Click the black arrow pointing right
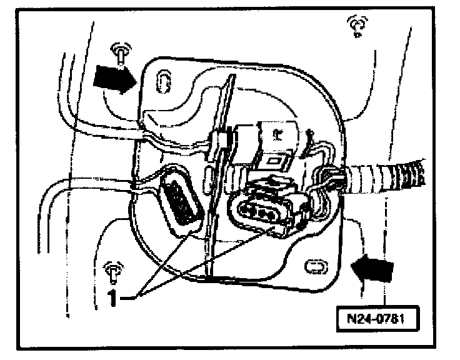click(x=114, y=80)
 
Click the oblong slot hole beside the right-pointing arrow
click(x=162, y=81)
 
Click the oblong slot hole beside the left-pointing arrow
click(x=314, y=267)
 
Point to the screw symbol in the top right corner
click(x=357, y=26)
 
